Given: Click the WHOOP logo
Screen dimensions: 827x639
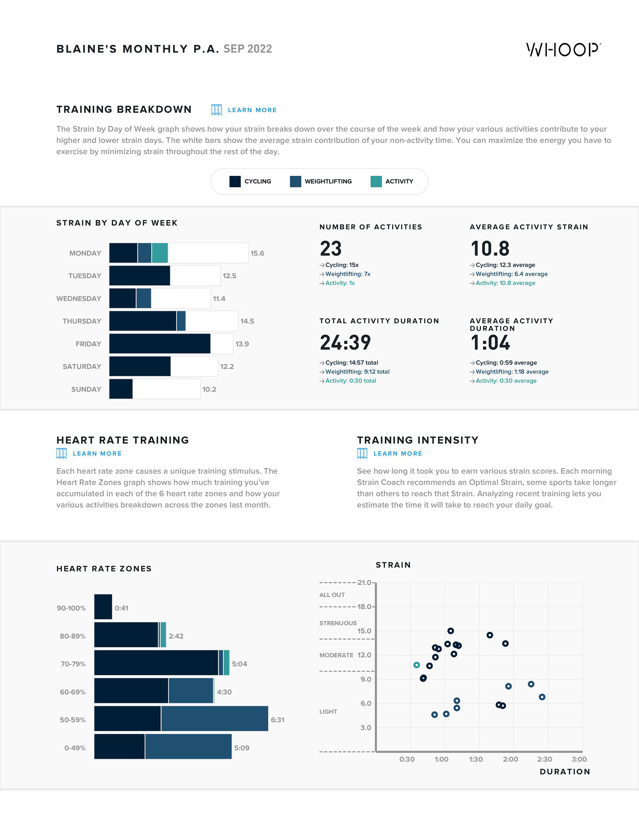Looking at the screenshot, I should click(x=563, y=50).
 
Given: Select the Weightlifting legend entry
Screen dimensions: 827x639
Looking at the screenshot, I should click(x=321, y=181).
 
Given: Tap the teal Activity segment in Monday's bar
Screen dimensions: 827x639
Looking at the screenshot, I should click(x=160, y=253).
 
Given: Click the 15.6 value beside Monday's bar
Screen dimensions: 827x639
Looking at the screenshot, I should click(x=257, y=253).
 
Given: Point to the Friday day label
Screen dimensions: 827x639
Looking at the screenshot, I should click(x=88, y=344).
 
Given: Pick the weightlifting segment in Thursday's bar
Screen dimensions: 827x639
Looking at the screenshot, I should click(x=181, y=321).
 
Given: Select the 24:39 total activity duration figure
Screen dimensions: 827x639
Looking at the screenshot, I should click(x=345, y=342).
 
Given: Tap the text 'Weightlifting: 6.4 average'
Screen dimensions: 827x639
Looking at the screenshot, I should click(x=511, y=274).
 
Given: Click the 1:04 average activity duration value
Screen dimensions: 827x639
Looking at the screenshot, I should click(x=490, y=342).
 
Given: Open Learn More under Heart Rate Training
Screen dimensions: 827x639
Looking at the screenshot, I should click(x=97, y=454).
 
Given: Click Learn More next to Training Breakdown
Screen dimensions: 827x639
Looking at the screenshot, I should click(x=252, y=110).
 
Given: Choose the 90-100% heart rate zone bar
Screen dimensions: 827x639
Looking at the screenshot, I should click(x=103, y=607).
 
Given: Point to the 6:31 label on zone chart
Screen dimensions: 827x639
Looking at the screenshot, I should click(x=277, y=720).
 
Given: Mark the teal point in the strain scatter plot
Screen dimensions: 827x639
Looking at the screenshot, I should click(x=417, y=665).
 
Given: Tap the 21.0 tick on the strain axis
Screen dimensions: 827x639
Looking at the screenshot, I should click(x=364, y=582).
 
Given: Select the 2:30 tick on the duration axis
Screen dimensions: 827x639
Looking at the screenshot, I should click(x=544, y=759).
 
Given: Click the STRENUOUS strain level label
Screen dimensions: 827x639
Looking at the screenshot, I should click(x=338, y=623).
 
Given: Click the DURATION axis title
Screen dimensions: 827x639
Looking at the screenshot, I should click(x=565, y=772).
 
